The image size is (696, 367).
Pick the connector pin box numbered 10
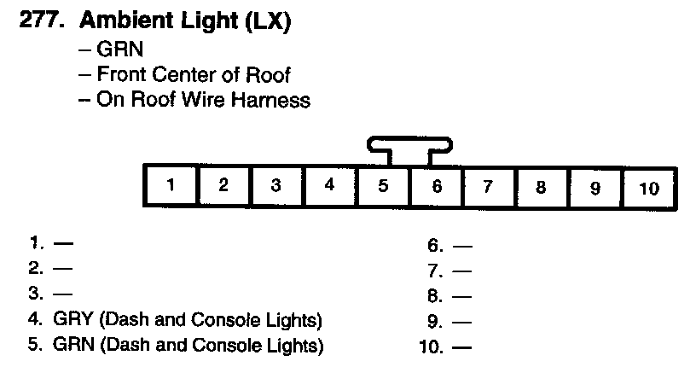click(x=649, y=187)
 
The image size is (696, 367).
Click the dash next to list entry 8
click(x=462, y=297)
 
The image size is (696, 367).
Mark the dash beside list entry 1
click(x=62, y=243)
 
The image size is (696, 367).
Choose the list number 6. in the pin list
click(x=435, y=247)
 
